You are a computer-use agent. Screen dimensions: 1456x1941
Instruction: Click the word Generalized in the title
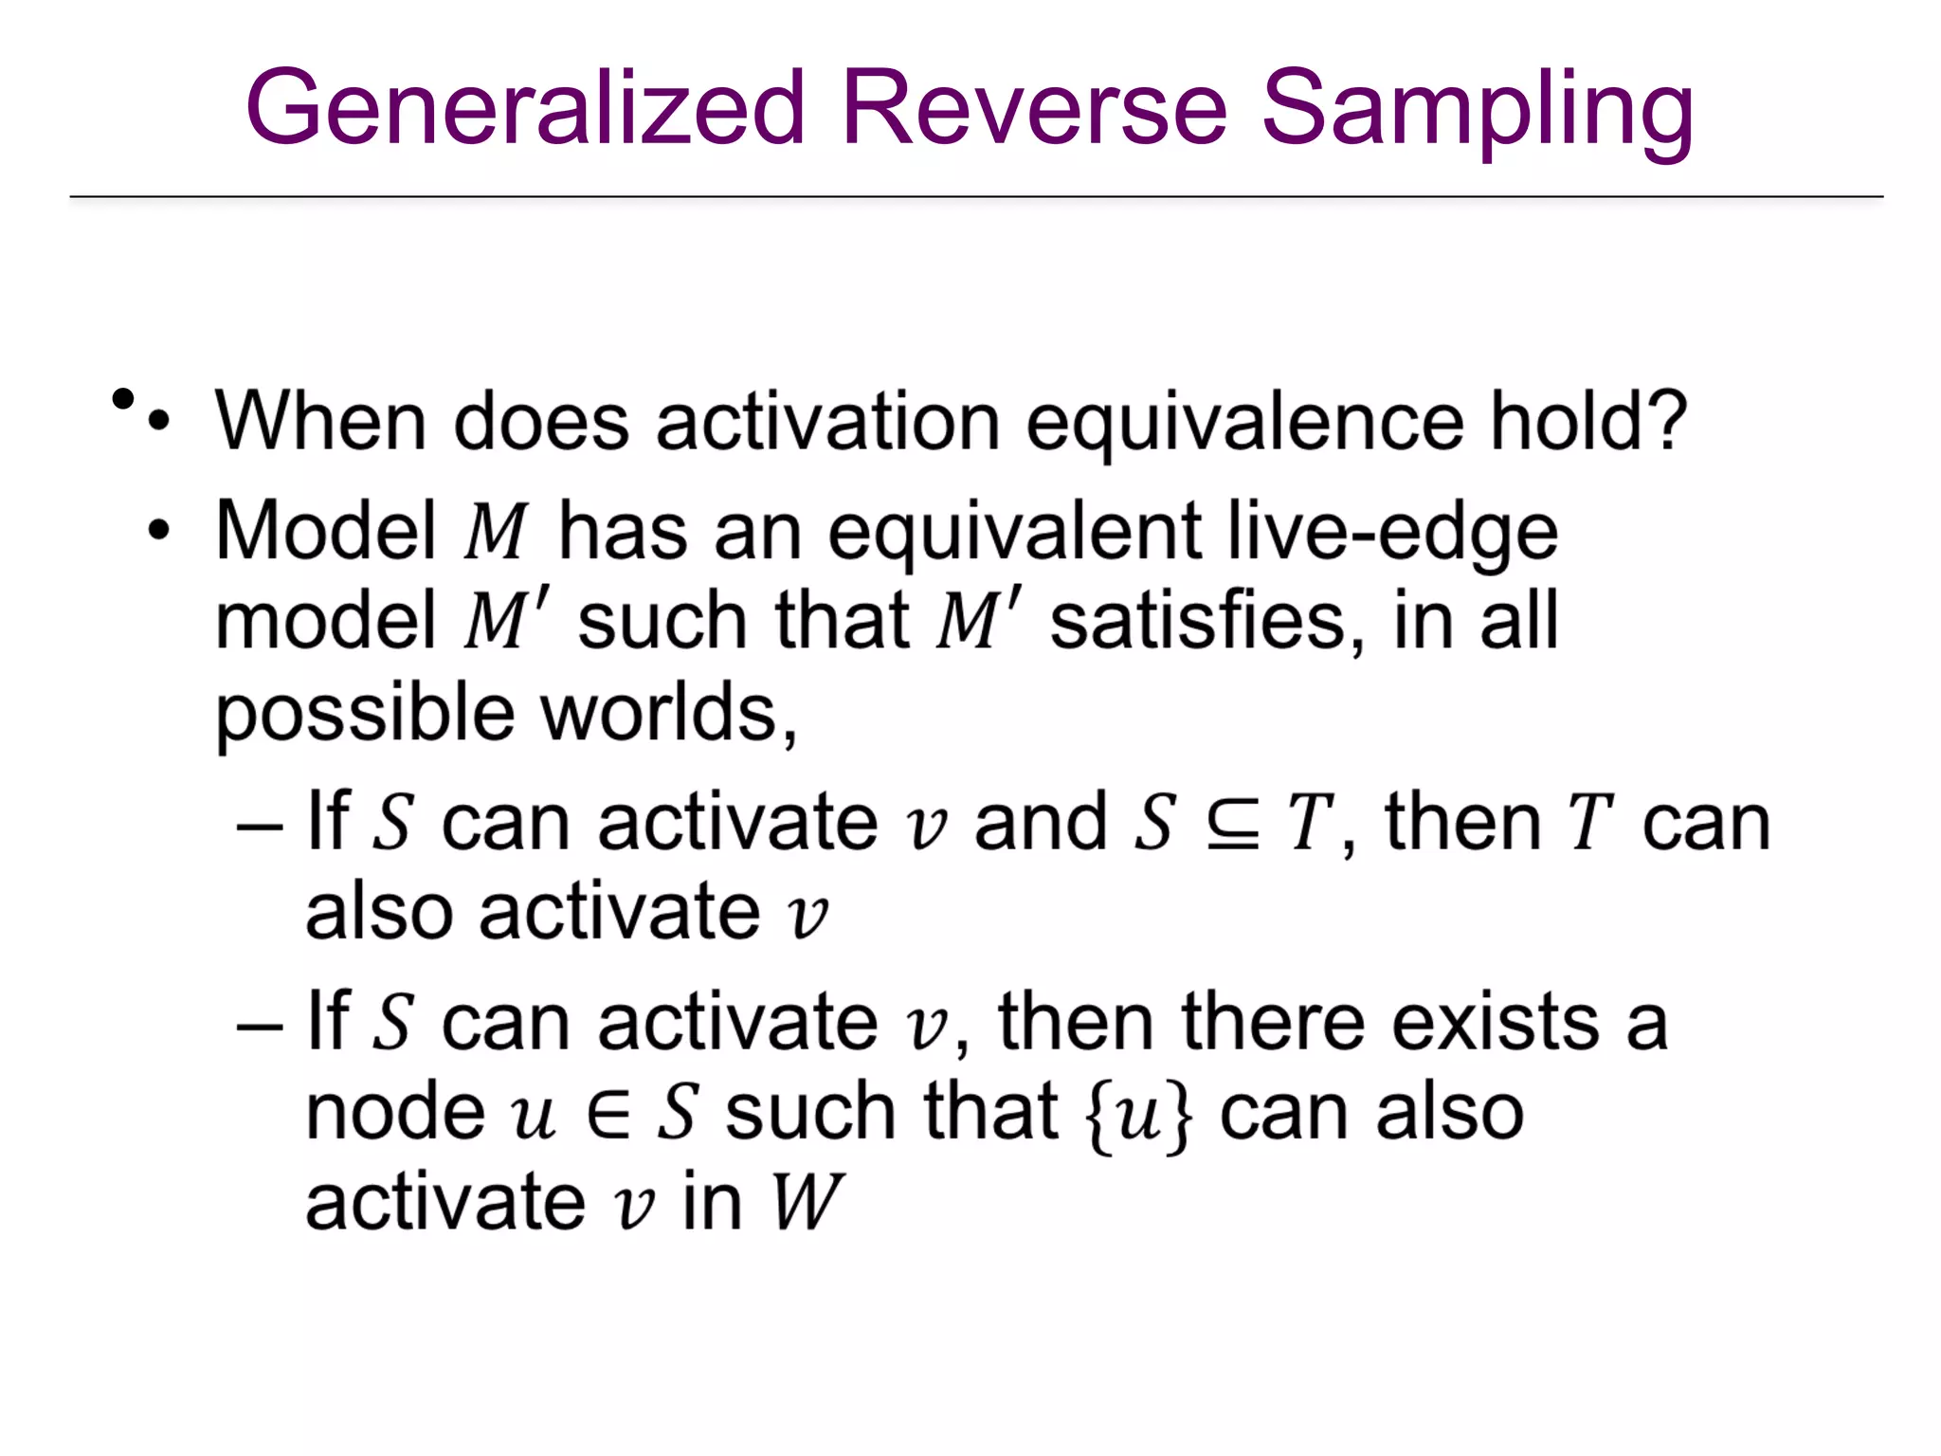tap(524, 108)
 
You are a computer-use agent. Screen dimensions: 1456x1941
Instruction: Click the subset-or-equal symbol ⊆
tap(1233, 823)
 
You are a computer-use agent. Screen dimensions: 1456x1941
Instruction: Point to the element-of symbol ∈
tap(608, 1113)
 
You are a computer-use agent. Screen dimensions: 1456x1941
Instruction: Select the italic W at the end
tap(806, 1202)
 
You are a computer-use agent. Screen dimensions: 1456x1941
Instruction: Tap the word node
tap(395, 1113)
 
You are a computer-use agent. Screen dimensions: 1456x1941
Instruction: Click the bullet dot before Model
tap(158, 530)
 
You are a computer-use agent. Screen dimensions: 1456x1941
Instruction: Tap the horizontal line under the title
tap(975, 197)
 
